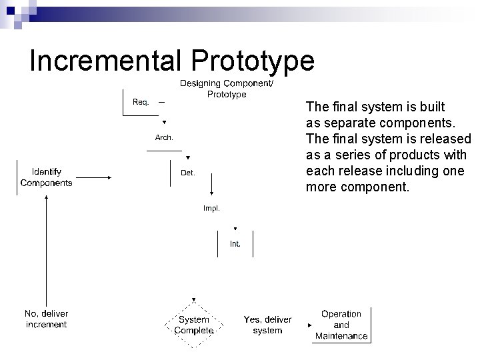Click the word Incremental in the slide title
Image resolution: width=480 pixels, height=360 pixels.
[x=106, y=61]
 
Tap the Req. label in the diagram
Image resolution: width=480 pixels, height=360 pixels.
[x=141, y=102]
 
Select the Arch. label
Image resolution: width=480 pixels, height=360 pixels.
[x=164, y=137]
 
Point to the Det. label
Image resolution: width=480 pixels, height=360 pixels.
[x=188, y=173]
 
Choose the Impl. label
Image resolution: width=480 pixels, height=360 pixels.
[x=211, y=208]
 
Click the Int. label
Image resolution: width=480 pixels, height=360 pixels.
[x=235, y=244]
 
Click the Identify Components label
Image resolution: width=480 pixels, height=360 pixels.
[x=47, y=177]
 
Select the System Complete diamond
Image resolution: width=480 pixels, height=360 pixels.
[x=193, y=325]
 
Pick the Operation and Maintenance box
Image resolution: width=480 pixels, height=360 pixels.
[x=341, y=325]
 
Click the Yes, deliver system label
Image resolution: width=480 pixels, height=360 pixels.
[x=267, y=325]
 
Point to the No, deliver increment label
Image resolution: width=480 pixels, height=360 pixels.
[x=46, y=319]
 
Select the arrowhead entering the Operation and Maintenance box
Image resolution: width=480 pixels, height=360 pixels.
[x=309, y=325]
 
